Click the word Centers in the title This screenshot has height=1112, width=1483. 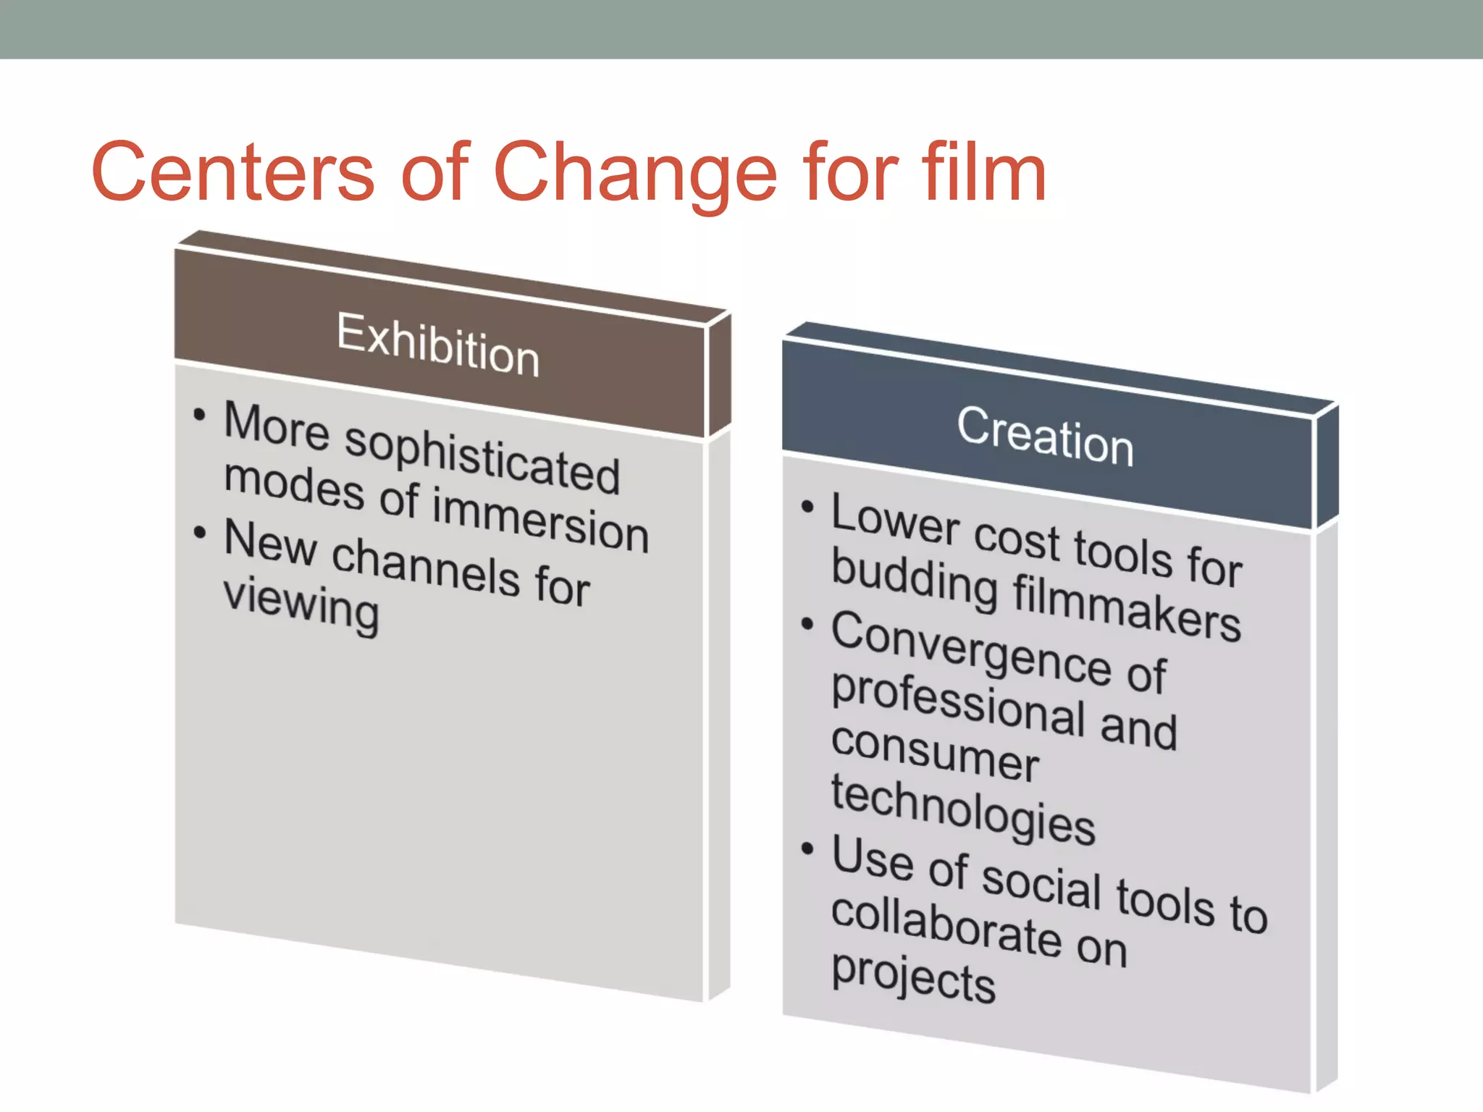[232, 172]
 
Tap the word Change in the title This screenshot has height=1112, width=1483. [636, 174]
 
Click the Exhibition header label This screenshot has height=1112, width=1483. [438, 345]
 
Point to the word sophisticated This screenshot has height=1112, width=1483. [482, 458]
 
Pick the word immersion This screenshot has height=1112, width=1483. [540, 519]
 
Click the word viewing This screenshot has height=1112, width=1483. [301, 605]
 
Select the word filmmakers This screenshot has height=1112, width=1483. [1127, 606]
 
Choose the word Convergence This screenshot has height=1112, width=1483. [970, 649]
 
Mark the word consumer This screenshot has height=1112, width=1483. [935, 753]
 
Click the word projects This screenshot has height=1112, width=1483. [913, 977]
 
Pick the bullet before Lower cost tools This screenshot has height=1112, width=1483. [807, 506]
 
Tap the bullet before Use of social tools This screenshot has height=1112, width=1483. [807, 848]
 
